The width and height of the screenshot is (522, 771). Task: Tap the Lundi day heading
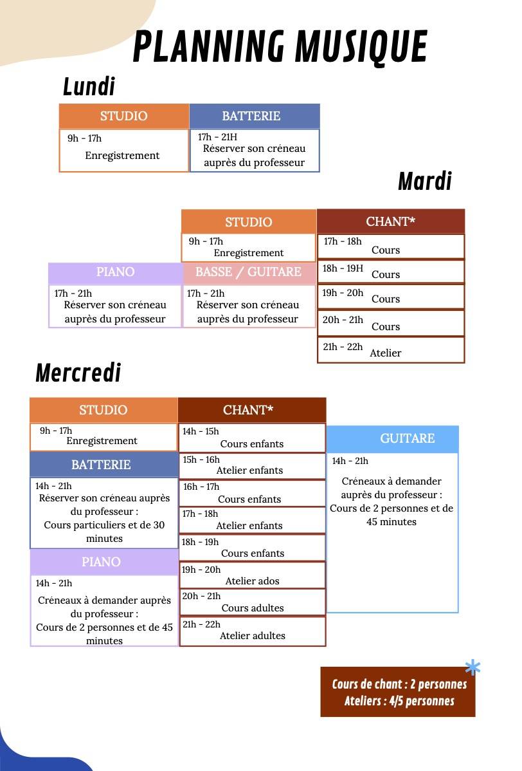click(x=89, y=86)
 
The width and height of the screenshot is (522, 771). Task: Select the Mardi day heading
click(x=424, y=181)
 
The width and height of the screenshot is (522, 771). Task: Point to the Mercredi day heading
click(x=78, y=373)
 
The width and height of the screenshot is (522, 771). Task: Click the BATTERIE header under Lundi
click(x=251, y=116)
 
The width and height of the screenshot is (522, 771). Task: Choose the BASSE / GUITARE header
click(x=248, y=272)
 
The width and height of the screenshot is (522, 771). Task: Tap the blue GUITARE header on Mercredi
click(x=408, y=438)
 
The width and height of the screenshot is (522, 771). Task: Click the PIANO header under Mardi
click(x=115, y=272)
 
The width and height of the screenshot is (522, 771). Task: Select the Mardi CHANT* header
click(x=390, y=221)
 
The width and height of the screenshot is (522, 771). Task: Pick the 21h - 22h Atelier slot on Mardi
click(x=390, y=350)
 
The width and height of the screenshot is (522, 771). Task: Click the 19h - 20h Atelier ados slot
click(x=252, y=575)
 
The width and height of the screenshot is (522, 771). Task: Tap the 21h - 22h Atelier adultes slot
click(x=252, y=631)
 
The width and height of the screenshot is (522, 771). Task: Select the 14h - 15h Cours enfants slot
click(x=252, y=438)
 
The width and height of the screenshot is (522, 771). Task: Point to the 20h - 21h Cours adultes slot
click(x=252, y=602)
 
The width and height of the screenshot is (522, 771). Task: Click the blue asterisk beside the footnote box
click(x=473, y=669)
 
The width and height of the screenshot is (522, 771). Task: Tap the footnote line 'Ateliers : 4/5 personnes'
click(x=399, y=701)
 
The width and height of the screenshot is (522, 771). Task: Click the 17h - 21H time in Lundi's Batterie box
click(x=217, y=136)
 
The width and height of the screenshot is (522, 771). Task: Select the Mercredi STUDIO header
click(x=104, y=410)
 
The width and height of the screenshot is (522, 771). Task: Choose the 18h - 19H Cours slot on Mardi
click(x=390, y=272)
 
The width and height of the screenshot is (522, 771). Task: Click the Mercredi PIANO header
click(x=101, y=562)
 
